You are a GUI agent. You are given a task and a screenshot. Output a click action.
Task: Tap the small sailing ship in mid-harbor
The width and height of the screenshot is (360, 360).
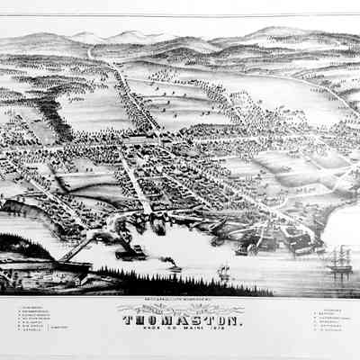click(x=223, y=270)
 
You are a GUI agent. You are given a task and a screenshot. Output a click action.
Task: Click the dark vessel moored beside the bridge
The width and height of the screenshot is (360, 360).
click(x=126, y=253)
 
